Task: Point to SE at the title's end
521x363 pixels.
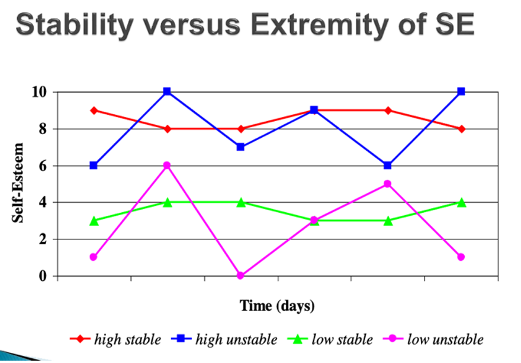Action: pyautogui.click(x=451, y=25)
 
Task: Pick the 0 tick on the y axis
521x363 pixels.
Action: pyautogui.click(x=42, y=276)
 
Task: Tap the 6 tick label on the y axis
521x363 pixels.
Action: pyautogui.click(x=42, y=166)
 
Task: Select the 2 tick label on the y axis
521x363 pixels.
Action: pyautogui.click(x=42, y=239)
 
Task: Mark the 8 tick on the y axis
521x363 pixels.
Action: pyautogui.click(x=42, y=129)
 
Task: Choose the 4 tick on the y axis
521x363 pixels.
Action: pyautogui.click(x=42, y=203)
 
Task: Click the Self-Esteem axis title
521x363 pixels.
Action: pyautogui.click(x=18, y=183)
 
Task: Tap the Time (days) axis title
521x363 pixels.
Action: pyautogui.click(x=277, y=306)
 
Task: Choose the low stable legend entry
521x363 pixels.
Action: pyautogui.click(x=342, y=339)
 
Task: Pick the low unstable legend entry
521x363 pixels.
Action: pyautogui.click(x=445, y=339)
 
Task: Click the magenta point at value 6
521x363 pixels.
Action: pyautogui.click(x=167, y=166)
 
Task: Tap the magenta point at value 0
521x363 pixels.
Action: pyautogui.click(x=240, y=276)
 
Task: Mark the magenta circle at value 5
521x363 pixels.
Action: pyautogui.click(x=387, y=184)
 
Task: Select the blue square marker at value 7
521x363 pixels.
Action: pyautogui.click(x=240, y=147)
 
